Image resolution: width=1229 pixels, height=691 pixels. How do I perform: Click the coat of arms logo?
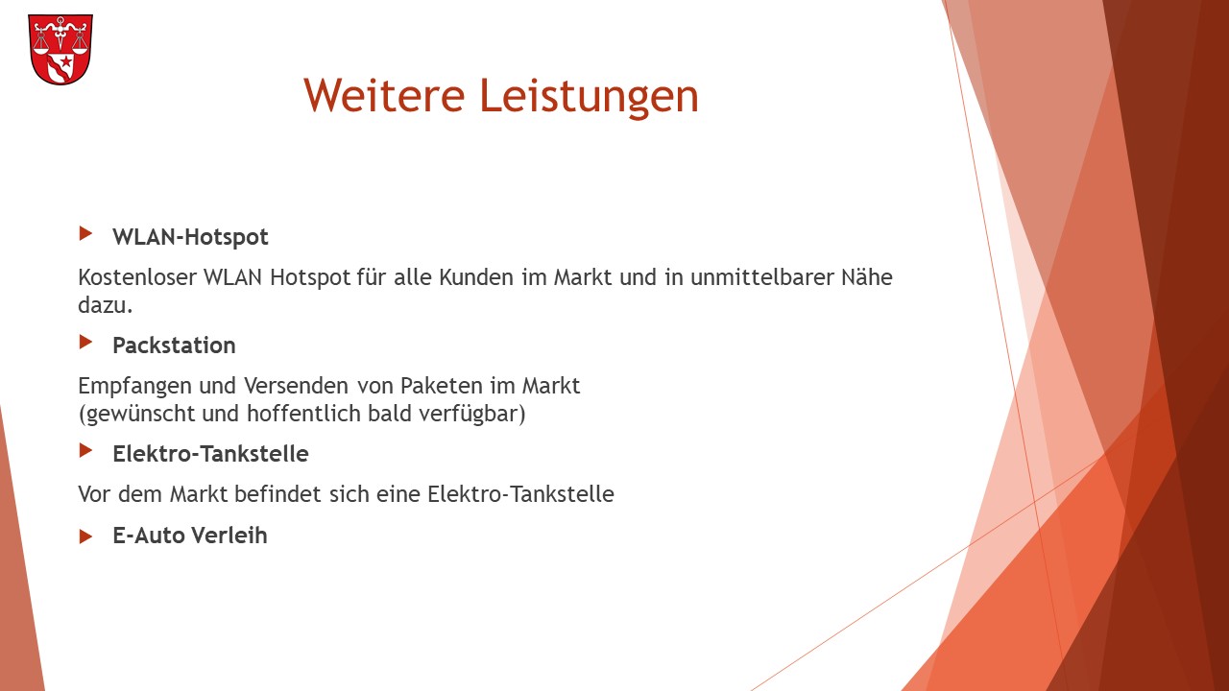click(60, 49)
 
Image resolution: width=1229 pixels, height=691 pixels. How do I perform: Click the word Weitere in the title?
click(384, 95)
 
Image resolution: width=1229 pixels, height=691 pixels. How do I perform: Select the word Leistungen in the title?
click(590, 97)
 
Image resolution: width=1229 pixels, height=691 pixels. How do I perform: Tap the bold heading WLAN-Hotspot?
click(190, 237)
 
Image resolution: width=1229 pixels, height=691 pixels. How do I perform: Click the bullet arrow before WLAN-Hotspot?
click(85, 233)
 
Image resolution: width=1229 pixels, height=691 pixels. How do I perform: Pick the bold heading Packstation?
click(174, 345)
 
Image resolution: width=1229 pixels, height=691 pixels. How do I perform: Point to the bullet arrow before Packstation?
click(85, 343)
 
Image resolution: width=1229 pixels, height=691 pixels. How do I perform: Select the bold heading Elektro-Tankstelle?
click(210, 454)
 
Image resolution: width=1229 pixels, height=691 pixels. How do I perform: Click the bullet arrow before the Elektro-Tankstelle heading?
click(85, 451)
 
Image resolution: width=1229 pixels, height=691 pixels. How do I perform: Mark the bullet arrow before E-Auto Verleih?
click(85, 536)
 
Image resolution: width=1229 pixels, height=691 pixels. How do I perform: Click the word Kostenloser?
click(137, 277)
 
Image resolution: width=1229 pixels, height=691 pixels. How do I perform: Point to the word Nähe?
click(867, 277)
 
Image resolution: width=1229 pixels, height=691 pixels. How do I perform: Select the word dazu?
click(106, 305)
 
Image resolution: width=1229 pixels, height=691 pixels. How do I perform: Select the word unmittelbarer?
click(761, 277)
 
